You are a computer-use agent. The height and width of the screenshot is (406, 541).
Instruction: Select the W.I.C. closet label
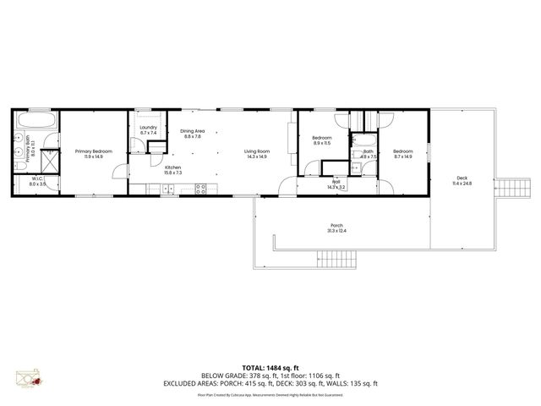pos(37,181)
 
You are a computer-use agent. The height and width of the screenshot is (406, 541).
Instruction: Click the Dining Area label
pos(192,133)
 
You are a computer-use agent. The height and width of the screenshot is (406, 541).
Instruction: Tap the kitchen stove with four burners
pos(202,188)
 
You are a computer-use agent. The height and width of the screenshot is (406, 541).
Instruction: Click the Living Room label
pos(256,153)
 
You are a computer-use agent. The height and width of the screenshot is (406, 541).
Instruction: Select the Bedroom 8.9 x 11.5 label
pos(321,140)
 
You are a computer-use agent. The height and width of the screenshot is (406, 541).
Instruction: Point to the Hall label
pos(336,183)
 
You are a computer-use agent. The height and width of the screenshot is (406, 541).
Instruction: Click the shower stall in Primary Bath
pos(50,158)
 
